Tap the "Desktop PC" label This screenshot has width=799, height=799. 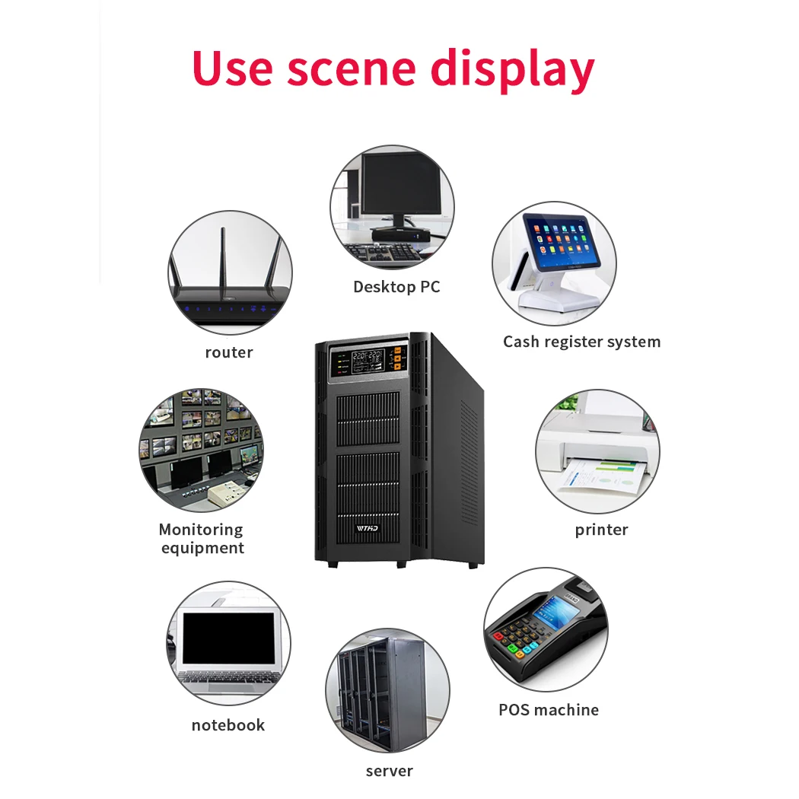click(396, 287)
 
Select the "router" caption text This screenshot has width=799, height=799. click(228, 352)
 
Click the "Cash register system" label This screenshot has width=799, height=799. click(581, 342)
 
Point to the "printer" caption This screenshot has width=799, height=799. click(601, 530)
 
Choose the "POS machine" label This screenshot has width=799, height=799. click(548, 710)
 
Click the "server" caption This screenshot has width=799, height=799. click(389, 771)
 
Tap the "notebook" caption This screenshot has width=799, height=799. click(228, 725)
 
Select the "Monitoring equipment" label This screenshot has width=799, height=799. click(202, 539)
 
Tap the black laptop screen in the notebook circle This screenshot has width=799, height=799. click(228, 638)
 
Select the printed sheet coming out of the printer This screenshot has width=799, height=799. click(600, 476)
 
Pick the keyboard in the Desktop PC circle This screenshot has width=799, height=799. click(380, 251)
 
